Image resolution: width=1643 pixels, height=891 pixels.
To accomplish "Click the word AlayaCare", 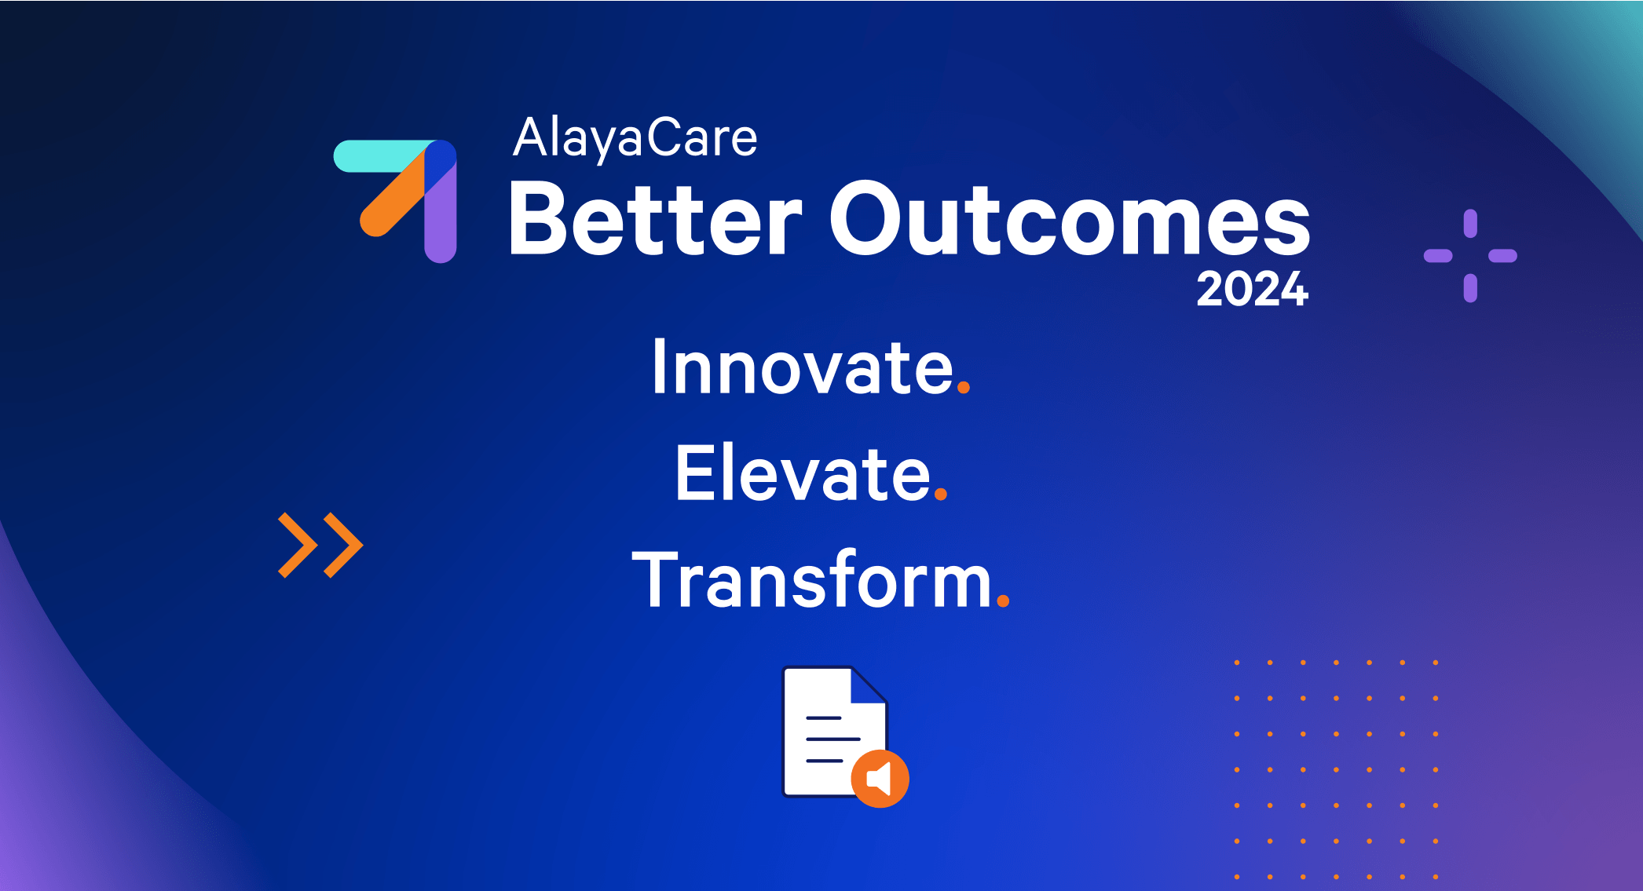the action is (x=635, y=139).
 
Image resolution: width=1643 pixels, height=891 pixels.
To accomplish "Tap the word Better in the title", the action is (x=656, y=219).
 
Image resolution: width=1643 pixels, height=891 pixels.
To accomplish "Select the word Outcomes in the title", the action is (x=1070, y=219).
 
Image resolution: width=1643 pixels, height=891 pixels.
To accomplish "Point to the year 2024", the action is (x=1253, y=289).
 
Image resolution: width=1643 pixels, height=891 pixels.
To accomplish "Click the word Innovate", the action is (x=803, y=367).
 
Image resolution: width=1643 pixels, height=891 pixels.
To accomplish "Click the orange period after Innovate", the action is (x=964, y=386).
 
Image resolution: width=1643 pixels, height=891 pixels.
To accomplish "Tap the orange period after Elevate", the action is (x=941, y=494).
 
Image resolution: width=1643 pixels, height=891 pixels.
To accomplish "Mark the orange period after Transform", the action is (x=1003, y=601).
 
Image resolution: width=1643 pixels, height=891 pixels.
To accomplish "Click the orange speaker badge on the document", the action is (x=880, y=779).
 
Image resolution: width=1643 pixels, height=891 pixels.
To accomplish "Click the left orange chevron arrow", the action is (x=298, y=546).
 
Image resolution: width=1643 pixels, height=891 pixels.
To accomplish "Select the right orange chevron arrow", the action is (x=343, y=546).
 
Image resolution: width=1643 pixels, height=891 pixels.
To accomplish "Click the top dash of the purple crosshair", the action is (x=1470, y=223).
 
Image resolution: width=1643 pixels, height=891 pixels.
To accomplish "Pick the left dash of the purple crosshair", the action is (x=1438, y=256).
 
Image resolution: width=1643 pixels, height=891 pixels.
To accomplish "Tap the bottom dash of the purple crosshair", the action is (x=1470, y=288).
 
